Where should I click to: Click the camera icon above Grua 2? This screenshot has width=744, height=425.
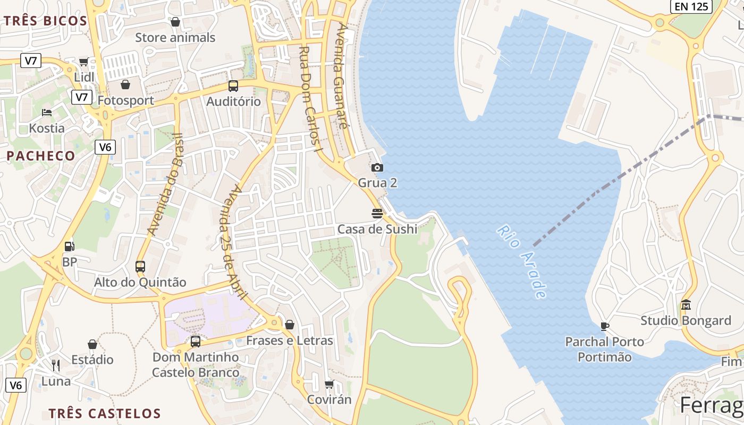377,167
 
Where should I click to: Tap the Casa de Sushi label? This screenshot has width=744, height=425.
377,229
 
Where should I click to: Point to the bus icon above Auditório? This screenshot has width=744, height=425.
233,86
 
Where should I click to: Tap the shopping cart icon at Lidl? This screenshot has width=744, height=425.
83,62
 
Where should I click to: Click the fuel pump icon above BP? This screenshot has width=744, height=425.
69,246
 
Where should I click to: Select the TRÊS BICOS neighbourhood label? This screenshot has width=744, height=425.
46,21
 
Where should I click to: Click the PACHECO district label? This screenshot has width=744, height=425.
41,156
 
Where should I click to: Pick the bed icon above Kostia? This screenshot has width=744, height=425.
47,113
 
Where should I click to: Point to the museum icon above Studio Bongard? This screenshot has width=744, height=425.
686,305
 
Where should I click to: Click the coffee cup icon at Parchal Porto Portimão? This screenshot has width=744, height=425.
604,326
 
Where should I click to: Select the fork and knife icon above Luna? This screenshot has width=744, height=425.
56,365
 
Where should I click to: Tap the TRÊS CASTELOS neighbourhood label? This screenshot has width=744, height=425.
105,413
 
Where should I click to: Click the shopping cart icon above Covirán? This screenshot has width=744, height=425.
329,384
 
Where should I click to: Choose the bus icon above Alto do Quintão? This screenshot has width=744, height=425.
140,266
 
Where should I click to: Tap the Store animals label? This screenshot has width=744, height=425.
175,37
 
